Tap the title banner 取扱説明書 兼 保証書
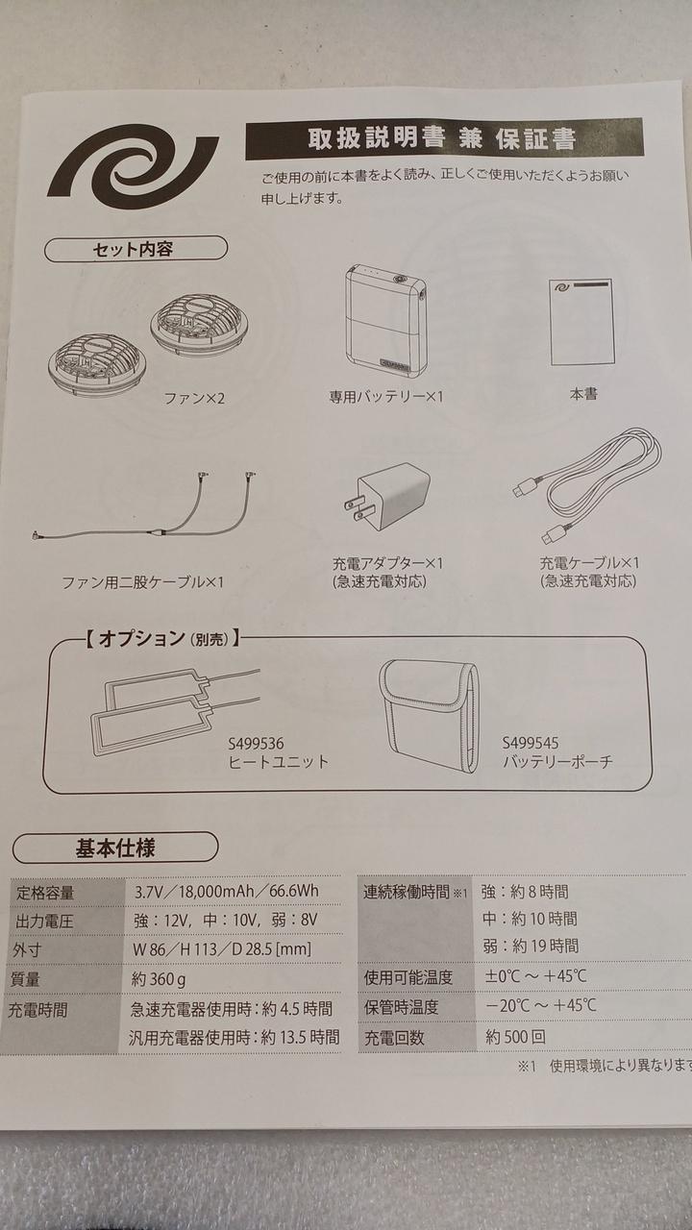[x=444, y=139]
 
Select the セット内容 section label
[x=136, y=249]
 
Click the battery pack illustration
[x=386, y=322]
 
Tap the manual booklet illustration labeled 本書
[x=581, y=322]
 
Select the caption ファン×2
[x=194, y=398]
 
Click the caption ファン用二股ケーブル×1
[x=143, y=582]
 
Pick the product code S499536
[x=256, y=744]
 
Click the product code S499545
[x=531, y=743]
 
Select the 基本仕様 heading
[x=115, y=848]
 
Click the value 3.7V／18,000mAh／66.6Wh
[x=227, y=891]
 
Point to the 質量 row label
[x=25, y=978]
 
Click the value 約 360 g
[x=159, y=979]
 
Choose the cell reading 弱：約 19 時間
[x=530, y=946]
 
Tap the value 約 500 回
[x=515, y=1037]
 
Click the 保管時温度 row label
[x=402, y=1006]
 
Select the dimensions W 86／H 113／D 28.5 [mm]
[x=222, y=948]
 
